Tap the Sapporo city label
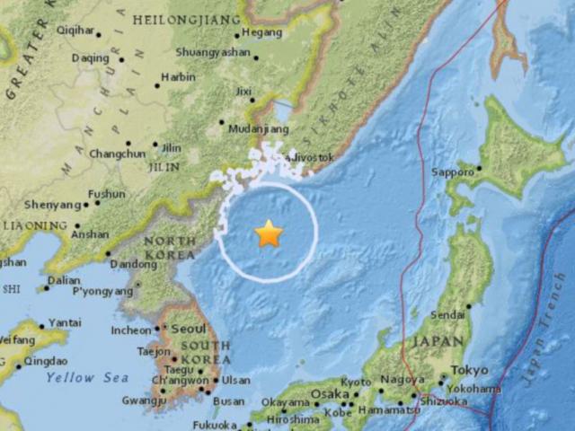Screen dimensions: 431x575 [452, 172]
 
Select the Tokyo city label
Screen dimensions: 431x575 [470, 370]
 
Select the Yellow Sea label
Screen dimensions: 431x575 [86, 378]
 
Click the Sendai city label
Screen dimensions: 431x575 [448, 315]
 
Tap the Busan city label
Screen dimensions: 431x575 [231, 402]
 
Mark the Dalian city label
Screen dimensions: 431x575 [64, 280]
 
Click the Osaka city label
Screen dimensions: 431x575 [329, 395]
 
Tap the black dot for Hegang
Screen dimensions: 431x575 [236, 37]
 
